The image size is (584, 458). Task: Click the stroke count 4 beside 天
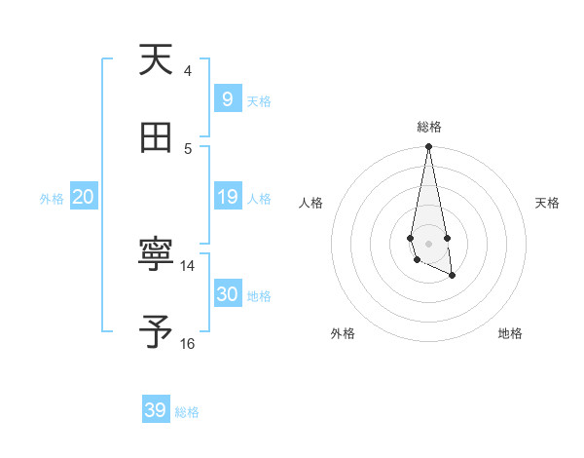pyautogui.click(x=188, y=70)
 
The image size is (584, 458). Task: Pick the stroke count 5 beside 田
pyautogui.click(x=188, y=148)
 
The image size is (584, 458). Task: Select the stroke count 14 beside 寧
pyautogui.click(x=188, y=265)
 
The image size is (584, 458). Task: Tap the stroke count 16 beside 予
pyautogui.click(x=188, y=343)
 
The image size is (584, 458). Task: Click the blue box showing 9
pyautogui.click(x=228, y=99)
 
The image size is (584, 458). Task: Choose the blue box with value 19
pyautogui.click(x=228, y=198)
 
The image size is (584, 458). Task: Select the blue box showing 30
pyautogui.click(x=228, y=294)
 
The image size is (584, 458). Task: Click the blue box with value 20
pyautogui.click(x=84, y=198)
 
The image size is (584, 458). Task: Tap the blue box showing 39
pyautogui.click(x=156, y=410)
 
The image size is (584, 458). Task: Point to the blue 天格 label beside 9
pyautogui.click(x=259, y=101)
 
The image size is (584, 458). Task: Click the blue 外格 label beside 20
pyautogui.click(x=52, y=199)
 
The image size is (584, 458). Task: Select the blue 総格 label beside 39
pyautogui.click(x=187, y=412)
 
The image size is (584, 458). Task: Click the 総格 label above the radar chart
pyautogui.click(x=429, y=127)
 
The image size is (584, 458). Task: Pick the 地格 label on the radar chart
pyautogui.click(x=510, y=333)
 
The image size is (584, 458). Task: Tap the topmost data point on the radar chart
pyautogui.click(x=428, y=147)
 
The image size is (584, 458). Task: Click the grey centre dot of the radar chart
pyautogui.click(x=428, y=243)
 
